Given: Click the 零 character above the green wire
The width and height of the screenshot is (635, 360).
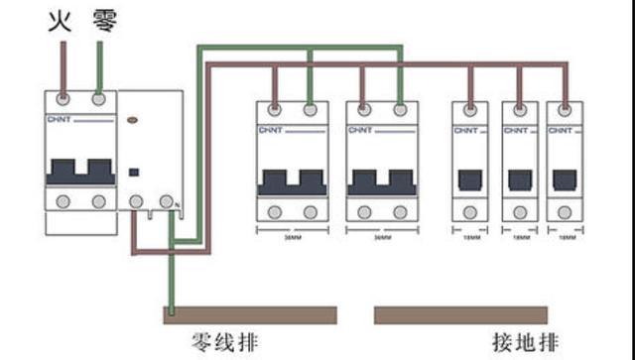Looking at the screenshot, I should [104, 20].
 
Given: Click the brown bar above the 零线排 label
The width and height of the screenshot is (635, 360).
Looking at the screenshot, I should [249, 315].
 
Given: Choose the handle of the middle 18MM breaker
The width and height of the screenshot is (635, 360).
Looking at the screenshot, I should [518, 180].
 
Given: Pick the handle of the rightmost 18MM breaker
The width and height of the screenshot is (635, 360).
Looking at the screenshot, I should [564, 180].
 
